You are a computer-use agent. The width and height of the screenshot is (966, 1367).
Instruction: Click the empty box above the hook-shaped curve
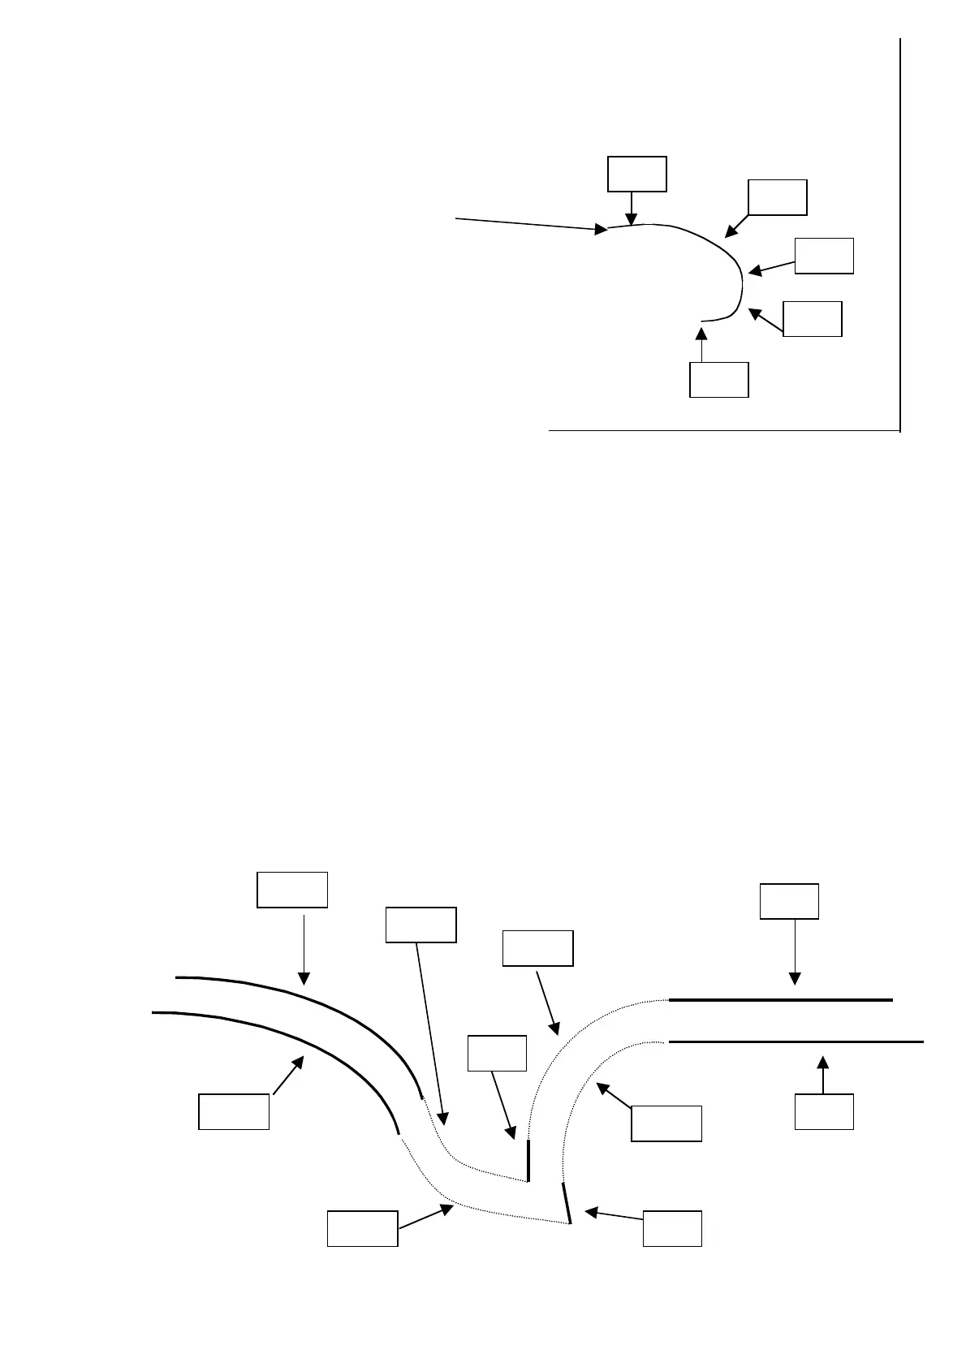(637, 174)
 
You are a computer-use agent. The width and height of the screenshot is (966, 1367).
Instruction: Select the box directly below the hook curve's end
(718, 380)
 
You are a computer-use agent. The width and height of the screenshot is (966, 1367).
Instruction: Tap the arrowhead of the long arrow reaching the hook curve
(602, 230)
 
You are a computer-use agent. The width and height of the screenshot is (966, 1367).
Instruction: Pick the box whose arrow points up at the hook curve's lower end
(718, 380)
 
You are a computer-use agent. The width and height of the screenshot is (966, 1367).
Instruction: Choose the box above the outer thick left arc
(292, 889)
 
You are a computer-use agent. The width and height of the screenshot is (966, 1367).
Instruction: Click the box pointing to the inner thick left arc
(234, 1111)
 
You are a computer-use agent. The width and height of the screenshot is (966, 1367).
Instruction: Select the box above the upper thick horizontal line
(789, 901)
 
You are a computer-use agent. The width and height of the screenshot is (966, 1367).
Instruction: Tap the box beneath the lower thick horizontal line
(824, 1111)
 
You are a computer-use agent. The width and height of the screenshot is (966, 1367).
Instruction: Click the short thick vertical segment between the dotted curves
(528, 1160)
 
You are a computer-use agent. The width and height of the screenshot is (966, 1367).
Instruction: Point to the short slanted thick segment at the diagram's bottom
(567, 1202)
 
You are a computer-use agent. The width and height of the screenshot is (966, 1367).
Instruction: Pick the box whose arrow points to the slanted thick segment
(672, 1228)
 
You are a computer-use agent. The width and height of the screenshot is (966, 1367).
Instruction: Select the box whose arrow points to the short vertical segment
(498, 1053)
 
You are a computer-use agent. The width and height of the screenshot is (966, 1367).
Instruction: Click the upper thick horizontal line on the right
(779, 1000)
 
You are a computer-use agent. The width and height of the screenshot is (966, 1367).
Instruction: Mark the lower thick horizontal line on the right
(796, 1041)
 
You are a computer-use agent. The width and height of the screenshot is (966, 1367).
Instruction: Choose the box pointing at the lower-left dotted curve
(362, 1228)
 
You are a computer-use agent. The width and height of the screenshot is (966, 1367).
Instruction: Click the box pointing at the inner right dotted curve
(666, 1123)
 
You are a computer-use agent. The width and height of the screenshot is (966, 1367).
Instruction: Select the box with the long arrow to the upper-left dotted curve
(420, 925)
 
